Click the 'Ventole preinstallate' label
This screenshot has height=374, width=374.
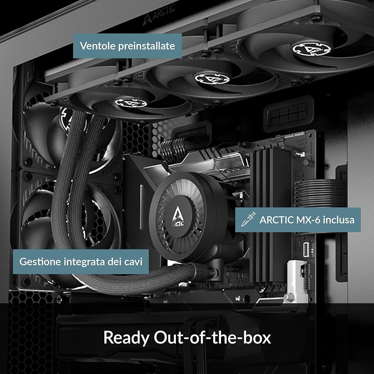coord(127,46)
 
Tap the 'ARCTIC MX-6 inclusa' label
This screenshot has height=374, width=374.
coord(298,220)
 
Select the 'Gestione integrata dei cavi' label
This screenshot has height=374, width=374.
coord(81,261)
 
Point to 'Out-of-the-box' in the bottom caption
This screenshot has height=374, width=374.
coord(212,337)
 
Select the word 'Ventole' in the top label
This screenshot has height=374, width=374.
coord(98,46)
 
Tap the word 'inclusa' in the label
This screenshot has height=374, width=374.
coord(339,220)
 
